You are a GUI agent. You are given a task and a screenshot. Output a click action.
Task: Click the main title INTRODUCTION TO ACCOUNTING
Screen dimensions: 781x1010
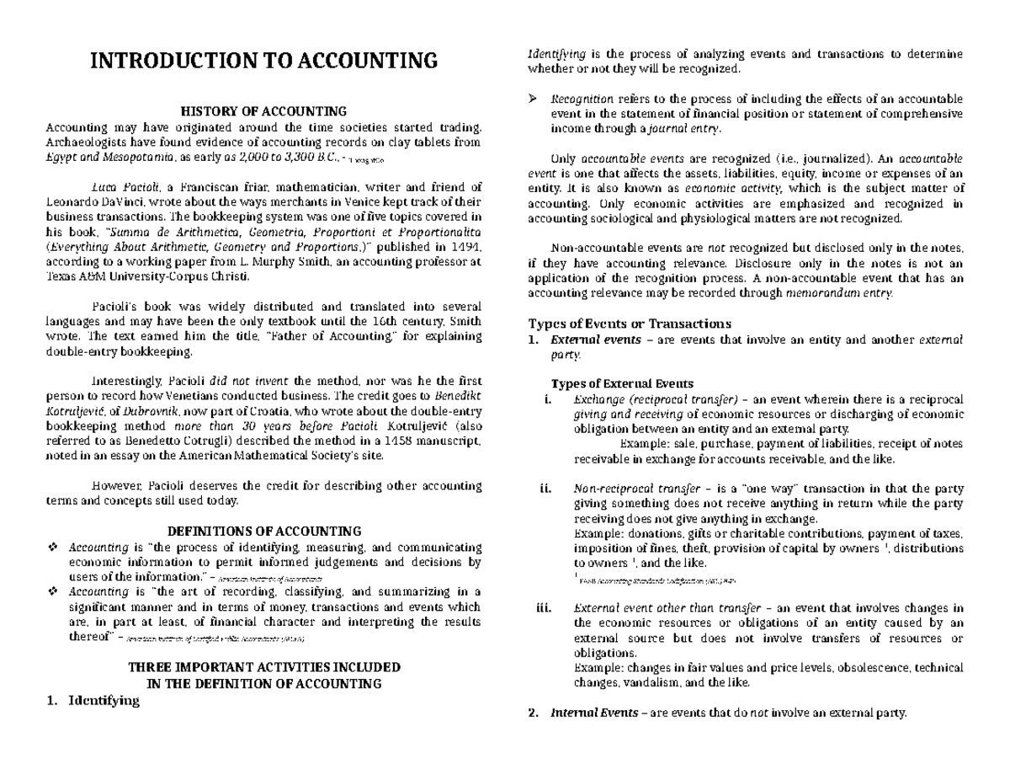[x=264, y=61]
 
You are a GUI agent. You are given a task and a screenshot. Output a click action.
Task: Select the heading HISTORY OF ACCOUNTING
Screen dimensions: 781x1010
[x=264, y=111]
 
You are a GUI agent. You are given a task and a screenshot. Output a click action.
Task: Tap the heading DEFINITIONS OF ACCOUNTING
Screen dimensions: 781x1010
[x=264, y=531]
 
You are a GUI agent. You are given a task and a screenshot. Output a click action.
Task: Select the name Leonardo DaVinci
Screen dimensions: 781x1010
[x=88, y=202]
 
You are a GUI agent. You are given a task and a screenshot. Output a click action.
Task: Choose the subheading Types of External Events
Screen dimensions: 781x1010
[x=622, y=384]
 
